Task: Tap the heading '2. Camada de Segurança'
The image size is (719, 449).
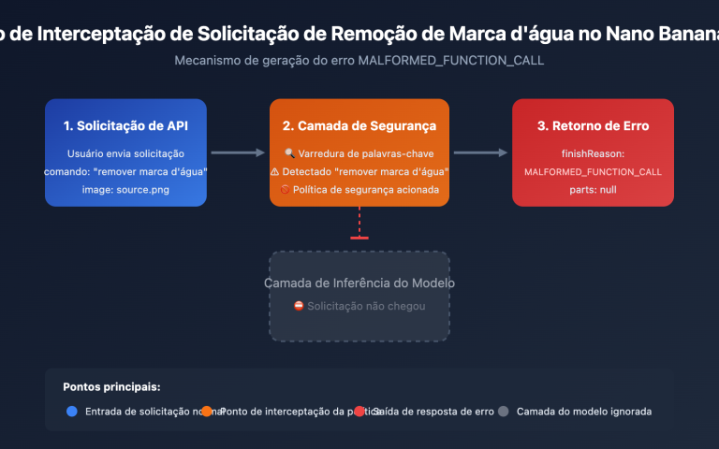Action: (359, 125)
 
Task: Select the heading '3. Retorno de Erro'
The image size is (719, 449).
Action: (593, 125)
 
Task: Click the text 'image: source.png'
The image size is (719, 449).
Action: (125, 190)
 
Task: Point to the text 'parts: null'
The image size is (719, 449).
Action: (593, 190)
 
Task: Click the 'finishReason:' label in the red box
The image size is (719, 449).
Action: (593, 153)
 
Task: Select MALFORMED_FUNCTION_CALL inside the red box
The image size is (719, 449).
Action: (593, 172)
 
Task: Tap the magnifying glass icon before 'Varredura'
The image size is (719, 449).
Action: (289, 153)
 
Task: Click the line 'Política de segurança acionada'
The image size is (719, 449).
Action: (366, 190)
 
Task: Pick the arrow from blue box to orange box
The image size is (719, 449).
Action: (238, 152)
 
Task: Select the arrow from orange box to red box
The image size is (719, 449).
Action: (480, 152)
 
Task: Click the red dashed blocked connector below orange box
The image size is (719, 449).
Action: (359, 223)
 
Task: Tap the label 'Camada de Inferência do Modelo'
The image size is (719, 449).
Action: (359, 282)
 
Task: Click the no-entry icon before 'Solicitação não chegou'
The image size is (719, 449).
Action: (299, 306)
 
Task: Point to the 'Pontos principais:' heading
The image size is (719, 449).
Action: (111, 386)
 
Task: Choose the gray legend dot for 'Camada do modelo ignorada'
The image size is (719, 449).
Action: (504, 411)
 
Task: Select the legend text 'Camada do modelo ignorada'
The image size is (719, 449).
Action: (584, 411)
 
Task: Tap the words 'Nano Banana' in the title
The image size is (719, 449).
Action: (665, 34)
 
